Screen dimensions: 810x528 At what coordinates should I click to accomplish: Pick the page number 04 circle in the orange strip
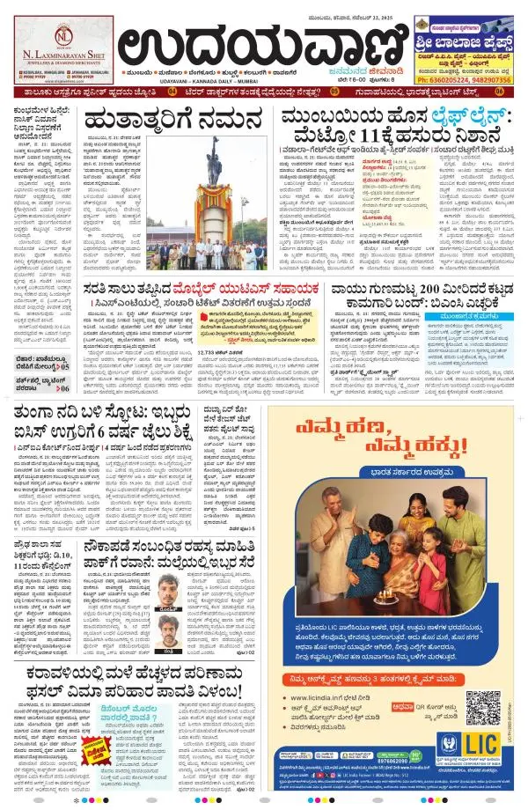pyautogui.click(x=172, y=91)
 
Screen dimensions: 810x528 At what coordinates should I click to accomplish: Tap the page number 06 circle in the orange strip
pyautogui.click(x=499, y=91)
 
